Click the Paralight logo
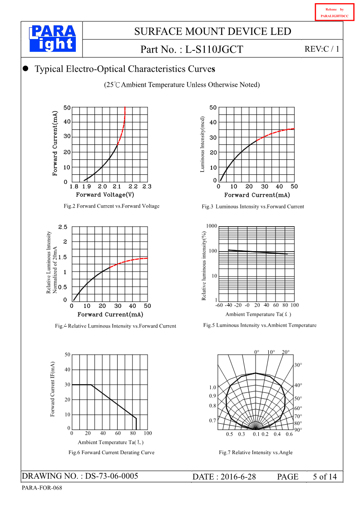pyautogui.click(x=52, y=39)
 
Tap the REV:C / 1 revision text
pyautogui.click(x=321, y=49)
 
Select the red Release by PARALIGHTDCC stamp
pyautogui.click(x=335, y=13)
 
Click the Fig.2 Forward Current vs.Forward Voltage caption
pyautogui.click(x=112, y=206)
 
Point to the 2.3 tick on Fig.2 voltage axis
pyautogui.click(x=147, y=187)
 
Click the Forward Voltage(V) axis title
pyautogui.click(x=105, y=195)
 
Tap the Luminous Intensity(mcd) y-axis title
pyautogui.click(x=203, y=144)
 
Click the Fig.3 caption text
pyautogui.click(x=253, y=207)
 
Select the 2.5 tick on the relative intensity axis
pyautogui.click(x=63, y=227)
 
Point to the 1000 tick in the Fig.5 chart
pyautogui.click(x=212, y=226)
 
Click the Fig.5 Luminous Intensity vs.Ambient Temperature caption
pyautogui.click(x=260, y=325)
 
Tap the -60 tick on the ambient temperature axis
pyautogui.click(x=219, y=305)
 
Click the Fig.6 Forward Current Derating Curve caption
pyautogui.click(x=111, y=452)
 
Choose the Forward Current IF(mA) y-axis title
pyautogui.click(x=53, y=389)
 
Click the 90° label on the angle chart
pyautogui.click(x=298, y=430)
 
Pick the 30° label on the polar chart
pyautogui.click(x=298, y=365)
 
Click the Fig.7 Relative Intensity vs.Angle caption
pyautogui.click(x=256, y=452)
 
